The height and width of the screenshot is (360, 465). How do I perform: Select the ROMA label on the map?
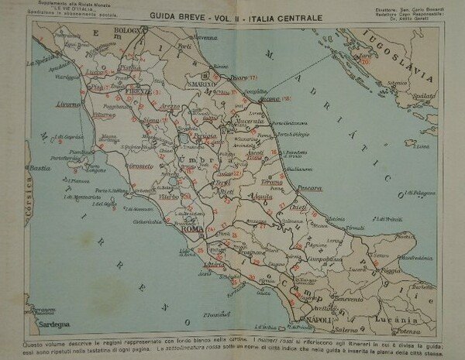[x=191, y=229]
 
